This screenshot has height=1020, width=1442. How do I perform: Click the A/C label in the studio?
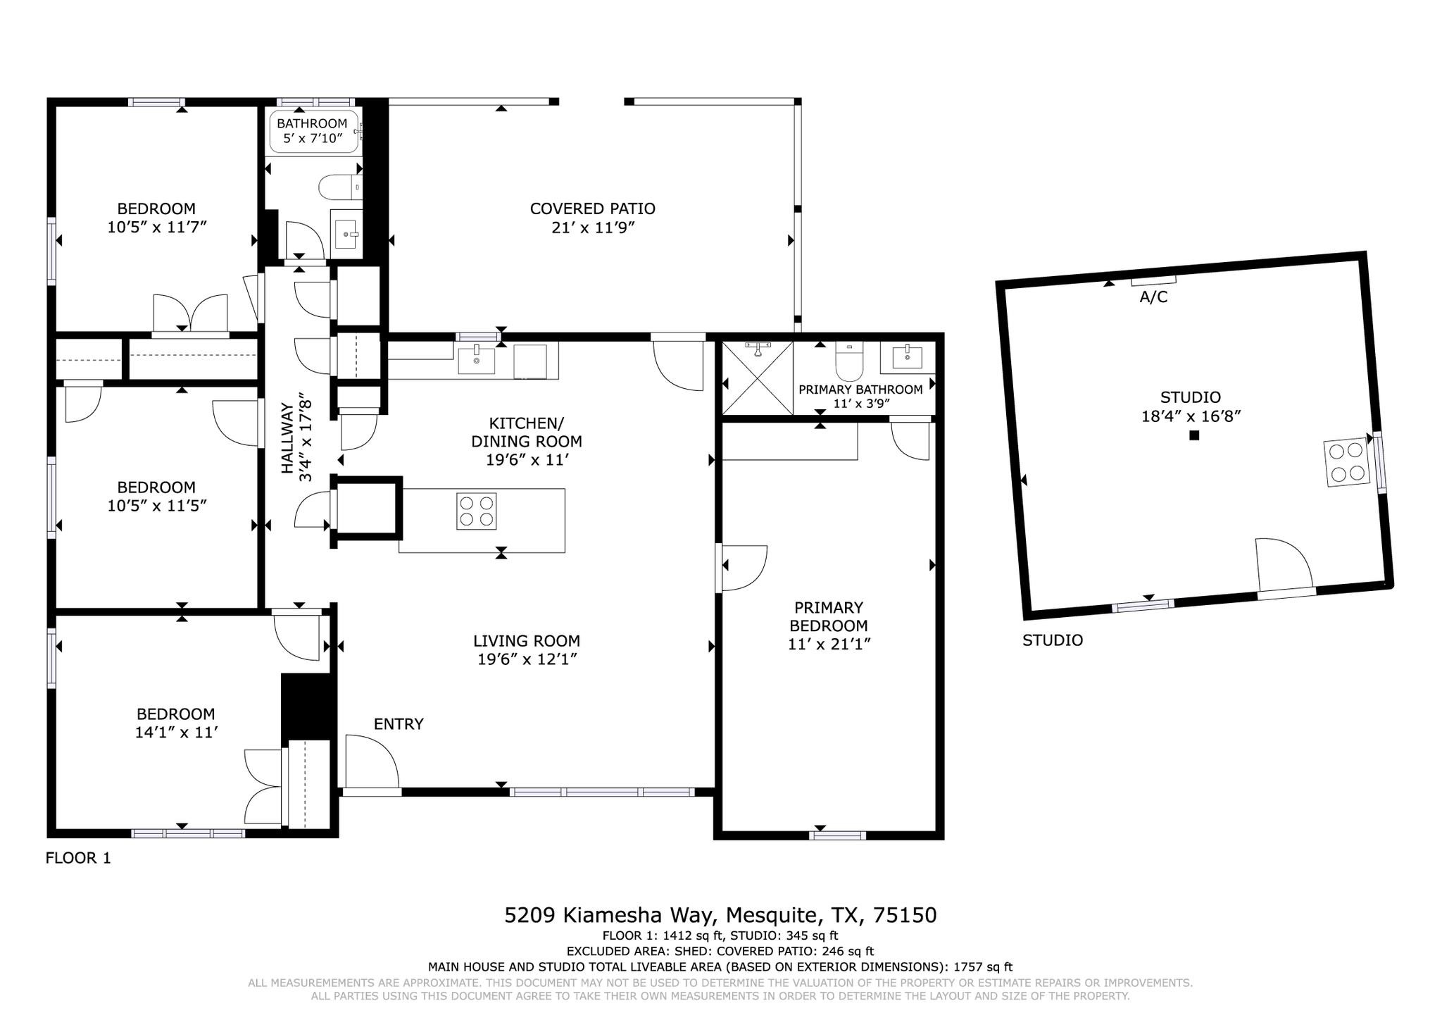[x=1153, y=297]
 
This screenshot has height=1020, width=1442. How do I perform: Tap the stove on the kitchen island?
[x=477, y=511]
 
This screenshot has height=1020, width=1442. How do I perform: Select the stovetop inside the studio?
[x=1347, y=463]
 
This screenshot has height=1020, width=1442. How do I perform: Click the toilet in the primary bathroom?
[x=849, y=361]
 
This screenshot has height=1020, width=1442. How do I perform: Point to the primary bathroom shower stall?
[x=758, y=378]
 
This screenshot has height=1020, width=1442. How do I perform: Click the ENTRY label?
[x=399, y=724]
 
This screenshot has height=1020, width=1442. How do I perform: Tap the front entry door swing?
[x=372, y=761]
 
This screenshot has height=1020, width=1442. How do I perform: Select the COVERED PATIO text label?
[x=592, y=209]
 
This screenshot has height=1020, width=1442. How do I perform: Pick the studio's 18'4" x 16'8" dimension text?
[x=1191, y=416]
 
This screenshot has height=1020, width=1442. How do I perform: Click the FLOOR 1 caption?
[x=78, y=858]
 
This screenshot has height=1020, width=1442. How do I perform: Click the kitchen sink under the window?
[x=477, y=360]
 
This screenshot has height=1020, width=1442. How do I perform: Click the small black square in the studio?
[x=1194, y=435]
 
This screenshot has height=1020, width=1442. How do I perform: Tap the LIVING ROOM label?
[x=527, y=641]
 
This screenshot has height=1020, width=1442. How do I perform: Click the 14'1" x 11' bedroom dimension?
[x=175, y=733]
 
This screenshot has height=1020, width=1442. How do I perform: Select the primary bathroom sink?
[x=908, y=358]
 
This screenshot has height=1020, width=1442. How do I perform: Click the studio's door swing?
[x=1284, y=564]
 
